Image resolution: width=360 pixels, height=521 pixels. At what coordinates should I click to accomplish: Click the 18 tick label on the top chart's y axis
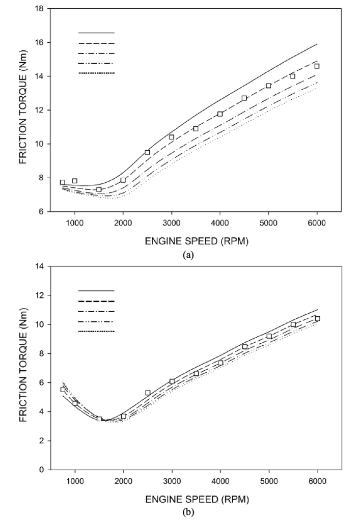(x=39, y=9)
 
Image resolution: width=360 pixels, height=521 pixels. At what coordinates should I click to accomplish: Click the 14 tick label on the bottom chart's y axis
(x=39, y=266)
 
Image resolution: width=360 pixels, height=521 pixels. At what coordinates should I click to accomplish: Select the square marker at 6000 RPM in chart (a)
(x=317, y=66)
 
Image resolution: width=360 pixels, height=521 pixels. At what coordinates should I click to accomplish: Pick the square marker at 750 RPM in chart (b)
(x=63, y=390)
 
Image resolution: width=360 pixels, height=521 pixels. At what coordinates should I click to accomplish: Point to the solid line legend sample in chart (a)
(x=96, y=33)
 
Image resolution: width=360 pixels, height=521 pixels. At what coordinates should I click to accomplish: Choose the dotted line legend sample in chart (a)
(x=96, y=74)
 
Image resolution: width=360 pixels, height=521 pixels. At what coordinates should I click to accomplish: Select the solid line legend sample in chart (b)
(x=96, y=291)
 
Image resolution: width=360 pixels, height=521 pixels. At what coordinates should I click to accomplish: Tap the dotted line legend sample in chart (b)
(x=96, y=332)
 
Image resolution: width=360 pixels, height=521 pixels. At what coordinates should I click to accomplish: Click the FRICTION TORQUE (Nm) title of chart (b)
(x=23, y=367)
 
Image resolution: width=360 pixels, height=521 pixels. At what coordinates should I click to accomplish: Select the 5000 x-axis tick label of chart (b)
(x=268, y=479)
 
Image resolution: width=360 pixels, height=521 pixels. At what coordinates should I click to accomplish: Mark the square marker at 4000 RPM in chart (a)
(x=220, y=114)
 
